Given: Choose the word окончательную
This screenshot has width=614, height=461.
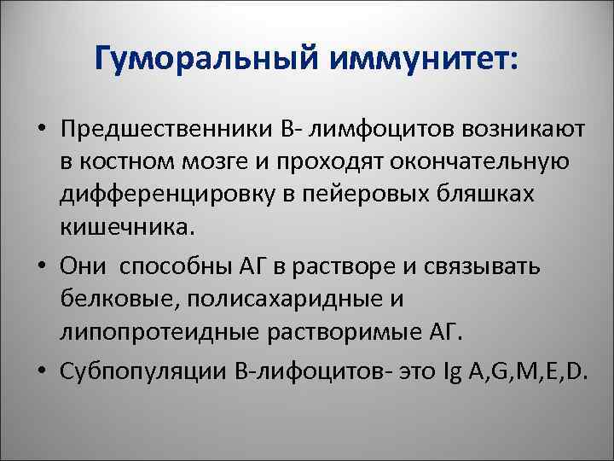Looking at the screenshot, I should click(x=480, y=162).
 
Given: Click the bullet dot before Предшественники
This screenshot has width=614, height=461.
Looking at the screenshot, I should click(x=41, y=131).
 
